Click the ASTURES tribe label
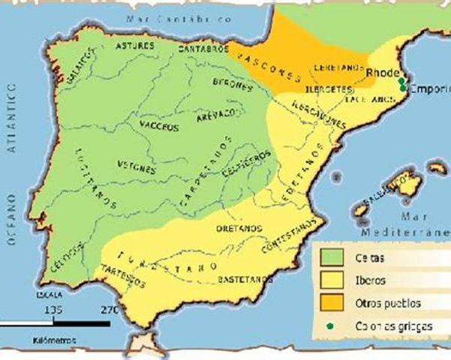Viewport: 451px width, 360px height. click(135, 46)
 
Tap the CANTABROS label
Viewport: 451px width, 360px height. click(203, 49)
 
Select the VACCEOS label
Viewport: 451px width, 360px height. click(160, 127)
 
